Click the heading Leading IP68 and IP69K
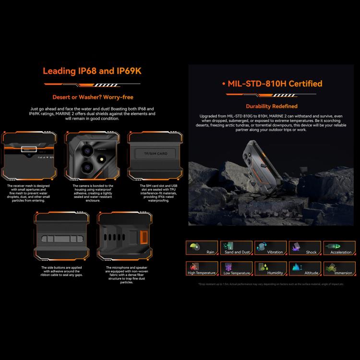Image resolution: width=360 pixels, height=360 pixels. coord(92,71)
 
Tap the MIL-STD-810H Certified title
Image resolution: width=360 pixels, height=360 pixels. coord(272,84)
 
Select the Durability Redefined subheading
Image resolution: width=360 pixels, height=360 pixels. coord(272,106)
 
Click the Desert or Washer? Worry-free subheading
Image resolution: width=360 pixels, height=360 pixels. coord(92,97)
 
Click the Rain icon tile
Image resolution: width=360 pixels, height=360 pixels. coord(202,248)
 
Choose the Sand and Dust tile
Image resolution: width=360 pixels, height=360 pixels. coord(236,248)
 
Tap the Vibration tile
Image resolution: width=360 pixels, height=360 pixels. coord(270,248)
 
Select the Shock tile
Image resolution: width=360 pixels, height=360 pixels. coord(305,248)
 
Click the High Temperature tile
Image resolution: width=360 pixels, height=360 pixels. coord(202,268)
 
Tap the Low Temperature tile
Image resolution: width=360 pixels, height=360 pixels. coord(236,268)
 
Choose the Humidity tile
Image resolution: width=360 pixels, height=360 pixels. coord(270,268)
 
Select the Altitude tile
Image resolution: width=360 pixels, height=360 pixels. coord(305,268)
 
